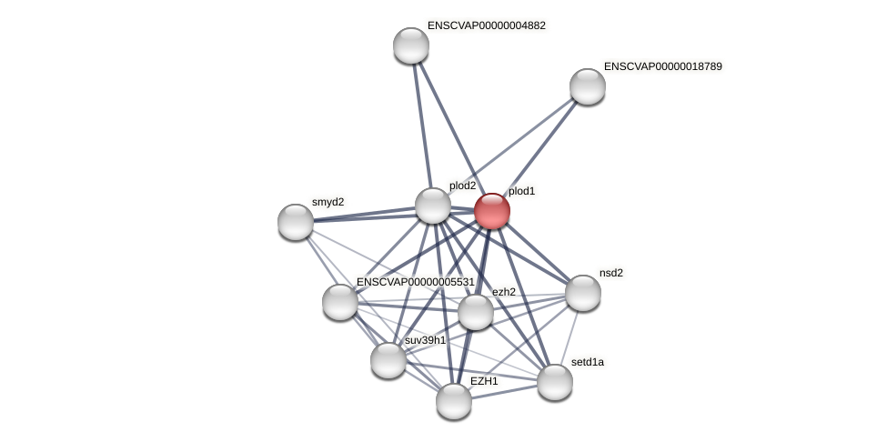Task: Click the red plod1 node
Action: (492, 211)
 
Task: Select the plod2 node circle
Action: (433, 205)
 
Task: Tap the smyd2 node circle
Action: (296, 222)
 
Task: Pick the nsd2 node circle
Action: (583, 293)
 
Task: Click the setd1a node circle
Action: (555, 381)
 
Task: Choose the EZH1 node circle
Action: (454, 400)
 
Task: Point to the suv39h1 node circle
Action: (388, 359)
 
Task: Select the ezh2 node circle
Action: (476, 312)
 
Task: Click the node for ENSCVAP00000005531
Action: (340, 302)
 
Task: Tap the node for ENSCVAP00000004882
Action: (411, 45)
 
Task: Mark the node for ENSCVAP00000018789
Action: (588, 86)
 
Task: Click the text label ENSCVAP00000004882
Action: (486, 25)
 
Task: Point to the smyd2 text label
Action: (328, 202)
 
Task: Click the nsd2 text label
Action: (611, 273)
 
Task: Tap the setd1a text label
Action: (587, 362)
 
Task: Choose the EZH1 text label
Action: (484, 381)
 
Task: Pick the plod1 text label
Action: (521, 191)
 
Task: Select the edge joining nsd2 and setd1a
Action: (569, 337)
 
